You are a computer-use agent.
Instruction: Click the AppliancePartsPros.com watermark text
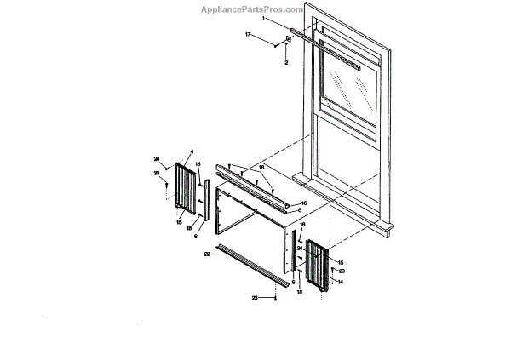coord(250,9)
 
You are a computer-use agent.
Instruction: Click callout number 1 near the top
coord(264,18)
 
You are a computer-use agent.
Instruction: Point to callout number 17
coord(248,35)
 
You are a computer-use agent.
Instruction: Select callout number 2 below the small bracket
coord(286,63)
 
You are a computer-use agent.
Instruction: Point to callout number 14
coord(340,281)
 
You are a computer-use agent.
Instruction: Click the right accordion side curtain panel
coord(317,266)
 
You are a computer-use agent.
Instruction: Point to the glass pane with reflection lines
coord(347,89)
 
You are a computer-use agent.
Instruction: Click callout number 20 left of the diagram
coord(157,173)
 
